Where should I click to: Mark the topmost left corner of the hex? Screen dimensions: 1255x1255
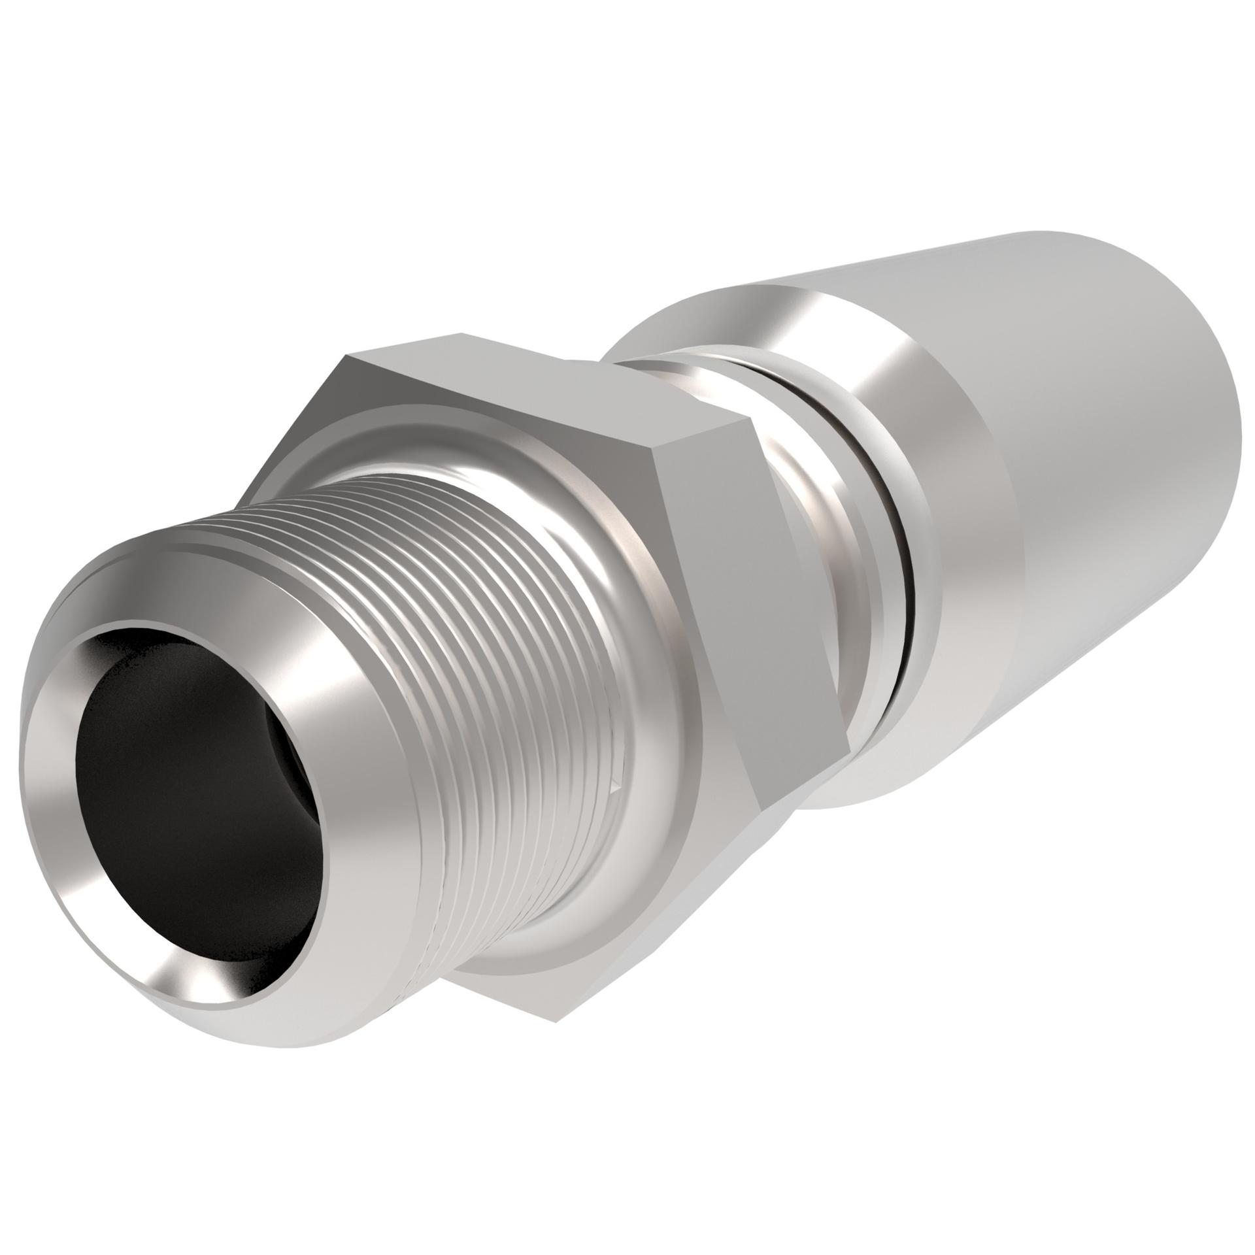tap(346, 356)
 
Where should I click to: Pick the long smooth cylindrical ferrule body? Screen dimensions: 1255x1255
tap(1079, 458)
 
